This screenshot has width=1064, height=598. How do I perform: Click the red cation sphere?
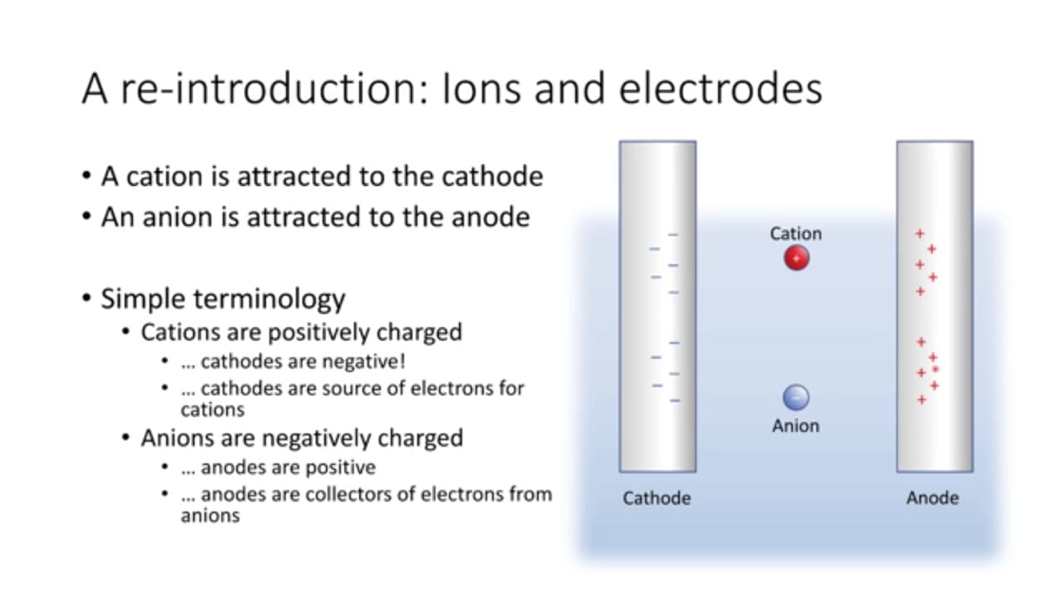796,257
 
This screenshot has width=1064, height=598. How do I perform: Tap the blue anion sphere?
796,397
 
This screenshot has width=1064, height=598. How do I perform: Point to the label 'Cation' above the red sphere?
796,233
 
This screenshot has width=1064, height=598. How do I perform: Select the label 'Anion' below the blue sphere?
796,426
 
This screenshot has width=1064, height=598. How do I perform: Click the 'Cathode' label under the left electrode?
657,498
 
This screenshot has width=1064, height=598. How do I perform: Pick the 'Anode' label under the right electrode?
933,498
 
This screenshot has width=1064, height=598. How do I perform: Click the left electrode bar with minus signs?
658,306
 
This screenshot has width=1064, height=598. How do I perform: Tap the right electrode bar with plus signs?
935,306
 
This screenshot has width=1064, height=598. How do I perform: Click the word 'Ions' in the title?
481,89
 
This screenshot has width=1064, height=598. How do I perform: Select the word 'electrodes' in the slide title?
721,88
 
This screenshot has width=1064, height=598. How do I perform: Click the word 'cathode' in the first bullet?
492,177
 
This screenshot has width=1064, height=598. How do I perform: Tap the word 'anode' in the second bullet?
490,218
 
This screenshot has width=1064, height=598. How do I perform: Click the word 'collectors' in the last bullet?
349,494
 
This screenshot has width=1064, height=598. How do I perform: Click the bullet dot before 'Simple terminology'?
86,298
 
